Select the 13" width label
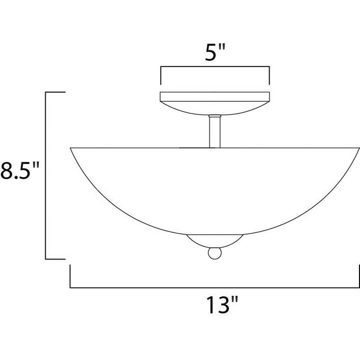click(222, 305)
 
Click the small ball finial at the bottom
click(215, 253)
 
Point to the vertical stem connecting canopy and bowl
click(215, 132)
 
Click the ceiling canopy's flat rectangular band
click(215, 96)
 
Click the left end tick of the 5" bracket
click(161, 76)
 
